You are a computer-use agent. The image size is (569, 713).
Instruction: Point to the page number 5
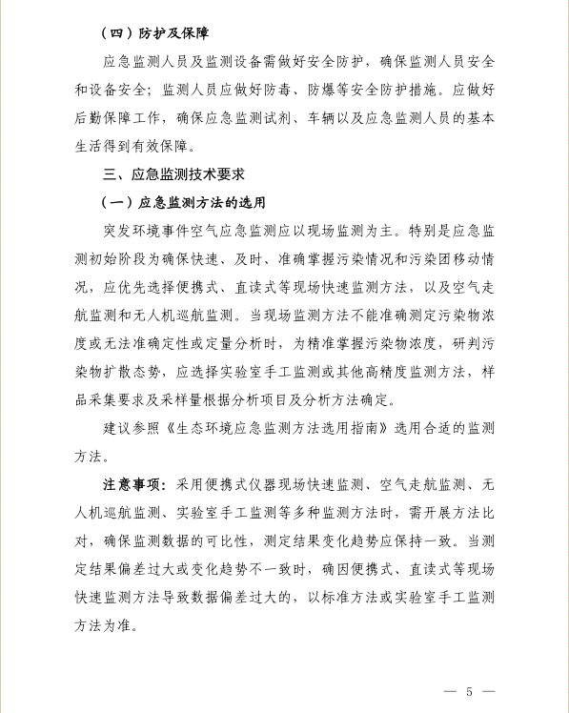click(469, 690)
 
